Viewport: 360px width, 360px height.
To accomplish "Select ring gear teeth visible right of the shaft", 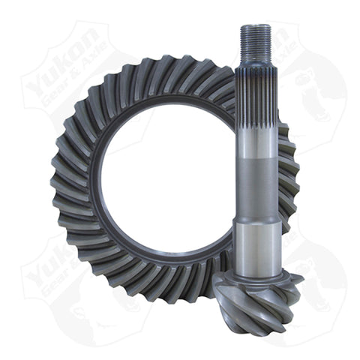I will coord(289,172).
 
